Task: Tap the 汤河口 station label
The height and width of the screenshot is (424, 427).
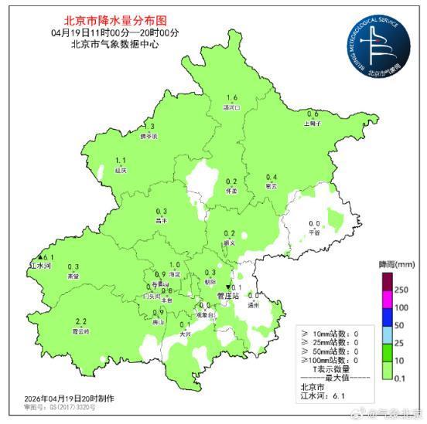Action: (231, 107)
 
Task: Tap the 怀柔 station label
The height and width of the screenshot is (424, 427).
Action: (231, 189)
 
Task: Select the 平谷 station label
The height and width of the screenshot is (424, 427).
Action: (314, 231)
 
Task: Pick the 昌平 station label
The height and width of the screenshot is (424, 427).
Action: (162, 220)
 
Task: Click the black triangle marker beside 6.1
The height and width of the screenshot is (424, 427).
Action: (40, 257)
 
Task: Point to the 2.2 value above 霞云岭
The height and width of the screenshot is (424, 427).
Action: (80, 321)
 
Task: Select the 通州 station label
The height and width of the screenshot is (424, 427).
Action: (254, 305)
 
